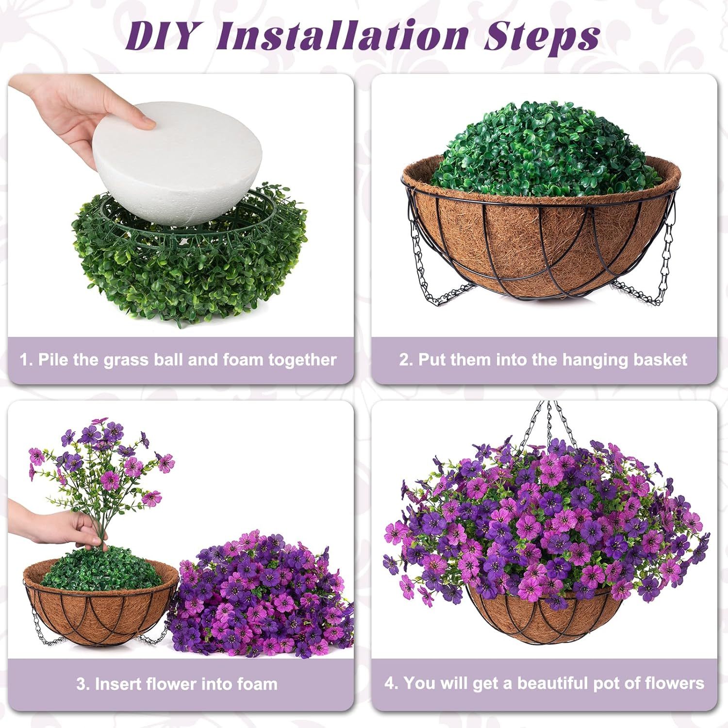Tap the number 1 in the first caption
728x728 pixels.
pos(24,360)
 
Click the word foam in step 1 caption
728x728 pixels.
pos(243,360)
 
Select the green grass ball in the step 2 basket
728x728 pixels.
pos(539,150)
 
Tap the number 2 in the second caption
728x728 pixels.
pos(404,360)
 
